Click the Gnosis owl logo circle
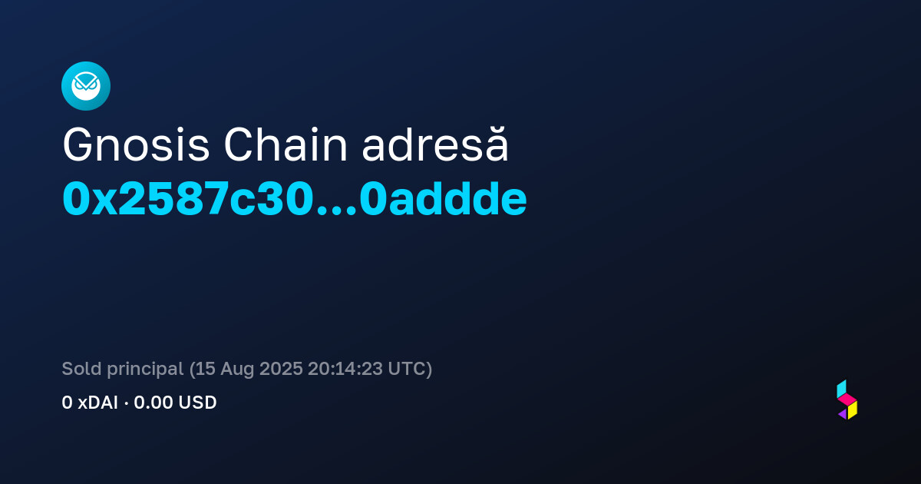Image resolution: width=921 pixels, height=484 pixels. [x=86, y=86]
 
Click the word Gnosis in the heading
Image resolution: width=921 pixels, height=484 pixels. [x=136, y=145]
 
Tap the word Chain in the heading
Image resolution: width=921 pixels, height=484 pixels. [x=286, y=144]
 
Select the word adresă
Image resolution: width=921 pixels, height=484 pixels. [x=435, y=144]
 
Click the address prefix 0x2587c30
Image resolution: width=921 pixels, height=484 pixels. [x=188, y=199]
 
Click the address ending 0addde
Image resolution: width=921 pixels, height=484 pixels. [x=444, y=198]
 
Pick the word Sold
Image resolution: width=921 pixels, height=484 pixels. [x=81, y=368]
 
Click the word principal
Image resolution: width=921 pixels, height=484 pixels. [x=145, y=370]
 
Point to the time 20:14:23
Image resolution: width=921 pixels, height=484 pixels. [x=345, y=369]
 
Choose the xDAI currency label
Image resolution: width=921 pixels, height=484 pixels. [x=98, y=403]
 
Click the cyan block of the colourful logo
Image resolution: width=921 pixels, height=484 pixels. [x=841, y=389]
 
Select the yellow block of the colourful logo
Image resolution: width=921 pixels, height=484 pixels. [x=853, y=410]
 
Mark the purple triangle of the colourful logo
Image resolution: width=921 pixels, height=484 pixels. [x=843, y=413]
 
